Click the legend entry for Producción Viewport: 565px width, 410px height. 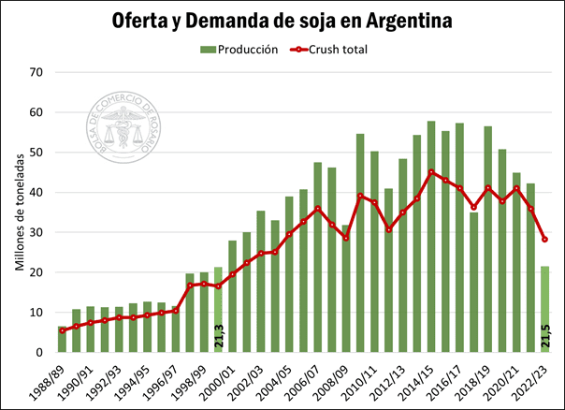tap(239, 50)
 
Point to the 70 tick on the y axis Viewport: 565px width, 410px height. tap(36, 72)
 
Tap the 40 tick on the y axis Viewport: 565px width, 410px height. tap(36, 192)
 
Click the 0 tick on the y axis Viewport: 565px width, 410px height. tap(39, 353)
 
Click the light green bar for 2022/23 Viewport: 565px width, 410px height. tap(544, 310)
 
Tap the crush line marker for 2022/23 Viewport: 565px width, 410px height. tap(544, 240)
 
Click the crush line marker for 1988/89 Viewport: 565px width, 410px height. tap(63, 330)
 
